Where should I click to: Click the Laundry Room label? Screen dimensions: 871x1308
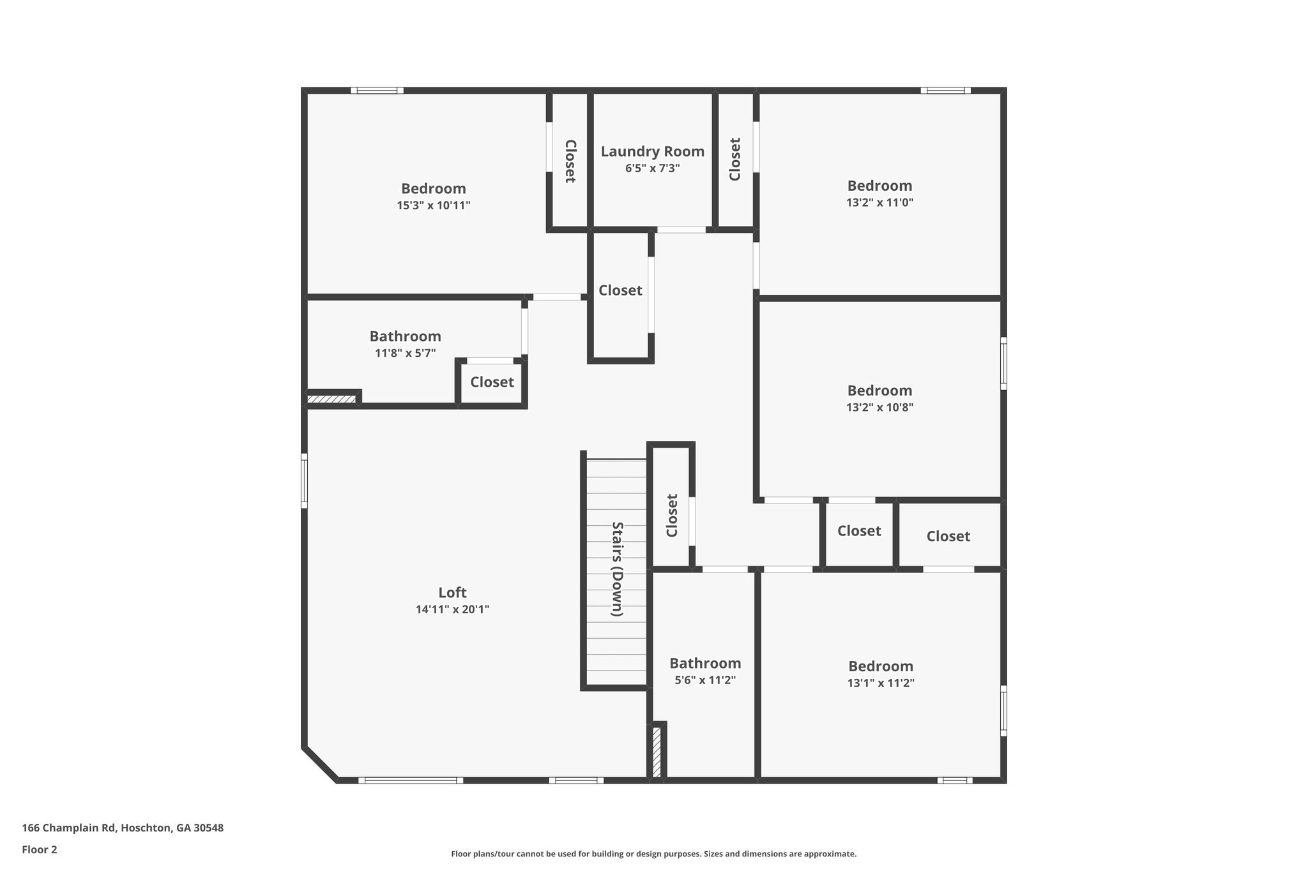pyautogui.click(x=652, y=152)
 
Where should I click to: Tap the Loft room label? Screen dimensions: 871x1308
pyautogui.click(x=452, y=592)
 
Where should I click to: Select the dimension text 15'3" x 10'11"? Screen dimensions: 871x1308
pyautogui.click(x=433, y=205)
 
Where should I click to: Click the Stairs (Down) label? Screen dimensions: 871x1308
pyautogui.click(x=617, y=569)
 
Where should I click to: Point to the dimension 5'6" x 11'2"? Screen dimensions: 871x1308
pyautogui.click(x=705, y=680)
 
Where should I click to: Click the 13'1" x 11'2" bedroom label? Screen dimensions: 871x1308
pyautogui.click(x=880, y=666)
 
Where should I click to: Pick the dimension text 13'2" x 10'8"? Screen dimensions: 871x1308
pyautogui.click(x=879, y=407)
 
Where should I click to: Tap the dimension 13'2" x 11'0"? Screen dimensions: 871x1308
pyautogui.click(x=879, y=202)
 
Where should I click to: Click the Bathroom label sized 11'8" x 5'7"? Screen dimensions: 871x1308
pyautogui.click(x=405, y=336)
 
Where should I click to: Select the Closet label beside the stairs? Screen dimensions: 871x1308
pyautogui.click(x=672, y=516)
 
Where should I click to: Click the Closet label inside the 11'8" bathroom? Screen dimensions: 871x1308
pyautogui.click(x=492, y=382)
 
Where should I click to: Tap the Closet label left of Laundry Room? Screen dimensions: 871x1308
pyautogui.click(x=570, y=161)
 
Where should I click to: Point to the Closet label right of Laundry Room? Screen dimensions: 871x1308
pyautogui.click(x=735, y=160)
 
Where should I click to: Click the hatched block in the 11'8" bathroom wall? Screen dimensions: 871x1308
pyautogui.click(x=331, y=399)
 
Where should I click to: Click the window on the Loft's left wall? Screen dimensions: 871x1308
pyautogui.click(x=305, y=480)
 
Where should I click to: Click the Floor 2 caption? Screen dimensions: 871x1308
pyautogui.click(x=40, y=849)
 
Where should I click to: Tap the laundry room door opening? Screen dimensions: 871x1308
pyautogui.click(x=681, y=230)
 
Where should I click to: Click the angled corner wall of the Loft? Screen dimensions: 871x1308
pyautogui.click(x=319, y=764)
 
